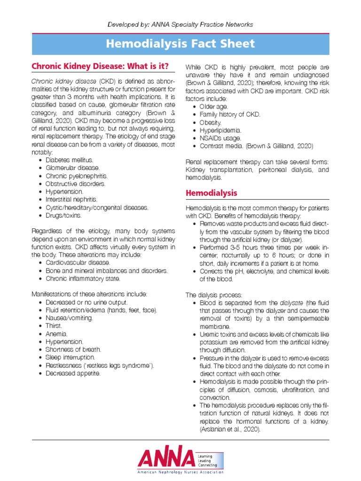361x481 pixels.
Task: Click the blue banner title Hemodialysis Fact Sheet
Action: pyautogui.click(x=180, y=44)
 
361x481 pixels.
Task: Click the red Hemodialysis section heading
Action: pyautogui.click(x=212, y=193)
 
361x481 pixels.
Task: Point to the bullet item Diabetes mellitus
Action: pyautogui.click(x=69, y=160)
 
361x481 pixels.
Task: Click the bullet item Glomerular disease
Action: pyautogui.click(x=72, y=168)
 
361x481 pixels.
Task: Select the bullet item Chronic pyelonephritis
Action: pyautogui.click(x=76, y=176)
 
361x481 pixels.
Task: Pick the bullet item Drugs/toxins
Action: pyautogui.click(x=63, y=216)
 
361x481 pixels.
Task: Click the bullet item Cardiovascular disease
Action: pyautogui.click(x=78, y=263)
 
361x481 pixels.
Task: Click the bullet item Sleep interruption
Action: pyautogui.click(x=70, y=357)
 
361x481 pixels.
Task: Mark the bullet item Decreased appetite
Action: pyautogui.click(x=73, y=373)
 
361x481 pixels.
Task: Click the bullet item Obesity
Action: pyautogui.click(x=210, y=123)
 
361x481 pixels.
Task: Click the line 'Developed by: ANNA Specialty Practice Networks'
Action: pyautogui.click(x=180, y=24)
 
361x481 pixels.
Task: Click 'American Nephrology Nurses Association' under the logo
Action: pyautogui.click(x=180, y=472)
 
